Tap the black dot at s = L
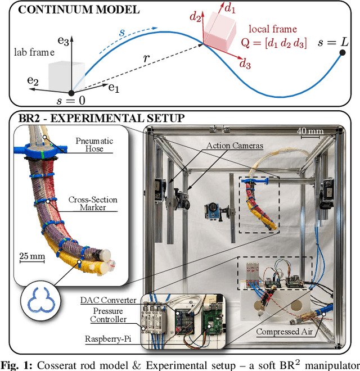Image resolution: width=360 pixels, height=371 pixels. click(x=342, y=53)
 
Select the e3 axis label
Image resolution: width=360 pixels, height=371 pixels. click(x=63, y=42)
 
